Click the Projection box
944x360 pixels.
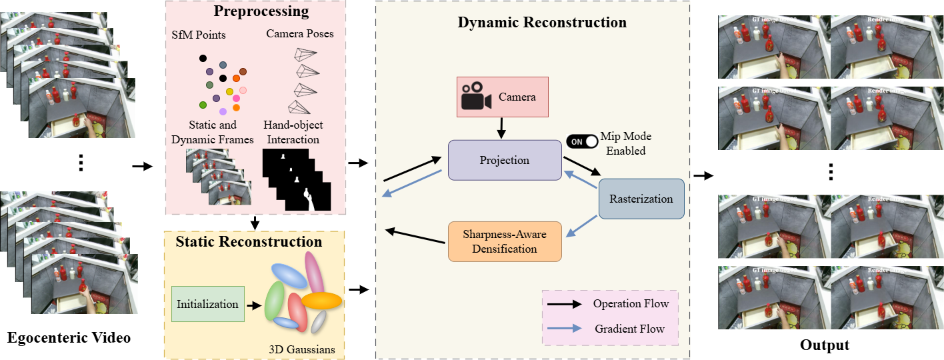point(505,160)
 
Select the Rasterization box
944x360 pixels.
point(641,199)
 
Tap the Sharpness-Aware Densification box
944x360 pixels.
point(505,241)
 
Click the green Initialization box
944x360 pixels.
point(207,305)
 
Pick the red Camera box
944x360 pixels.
point(502,97)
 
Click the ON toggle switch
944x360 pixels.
point(582,141)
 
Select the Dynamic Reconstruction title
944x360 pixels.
point(542,23)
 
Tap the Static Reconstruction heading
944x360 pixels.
point(249,241)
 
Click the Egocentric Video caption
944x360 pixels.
point(69,338)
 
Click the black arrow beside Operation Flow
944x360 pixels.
point(567,305)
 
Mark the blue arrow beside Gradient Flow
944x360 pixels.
point(567,329)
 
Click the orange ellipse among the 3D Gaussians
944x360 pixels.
point(321,301)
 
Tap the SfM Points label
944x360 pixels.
point(207,34)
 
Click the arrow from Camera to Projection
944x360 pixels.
point(501,126)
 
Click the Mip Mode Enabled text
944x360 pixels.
point(626,143)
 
